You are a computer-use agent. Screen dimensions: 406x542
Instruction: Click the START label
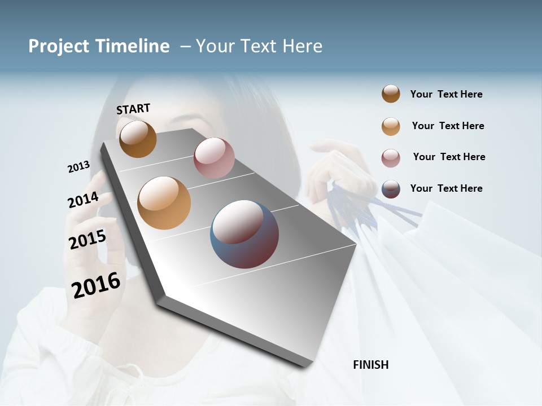pos(133,109)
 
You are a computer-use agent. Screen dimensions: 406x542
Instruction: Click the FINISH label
pos(370,365)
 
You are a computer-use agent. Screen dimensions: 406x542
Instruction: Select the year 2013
pos(78,167)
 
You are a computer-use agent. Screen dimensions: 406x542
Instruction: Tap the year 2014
pos(83,200)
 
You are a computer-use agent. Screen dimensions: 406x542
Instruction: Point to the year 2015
pos(88,240)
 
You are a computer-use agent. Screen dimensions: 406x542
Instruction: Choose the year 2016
pos(96,285)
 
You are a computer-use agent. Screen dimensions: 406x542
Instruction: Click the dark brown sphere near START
pos(138,139)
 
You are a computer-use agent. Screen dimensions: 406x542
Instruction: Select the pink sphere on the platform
pos(214,158)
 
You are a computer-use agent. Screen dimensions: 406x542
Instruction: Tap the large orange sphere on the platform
pos(164,203)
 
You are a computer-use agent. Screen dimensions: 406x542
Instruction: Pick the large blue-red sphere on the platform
pos(244,234)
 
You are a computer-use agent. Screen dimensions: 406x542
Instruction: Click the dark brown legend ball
pos(391,94)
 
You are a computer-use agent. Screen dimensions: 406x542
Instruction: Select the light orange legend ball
pos(391,126)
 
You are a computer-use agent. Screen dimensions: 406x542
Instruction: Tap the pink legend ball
pos(391,158)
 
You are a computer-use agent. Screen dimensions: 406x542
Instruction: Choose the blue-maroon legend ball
pos(391,189)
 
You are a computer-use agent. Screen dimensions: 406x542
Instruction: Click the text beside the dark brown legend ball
pos(446,94)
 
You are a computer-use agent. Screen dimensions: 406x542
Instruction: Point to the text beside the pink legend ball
pos(449,157)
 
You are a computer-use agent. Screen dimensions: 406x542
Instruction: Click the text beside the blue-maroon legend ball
pos(446,188)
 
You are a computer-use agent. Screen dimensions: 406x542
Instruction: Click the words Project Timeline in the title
pos(99,46)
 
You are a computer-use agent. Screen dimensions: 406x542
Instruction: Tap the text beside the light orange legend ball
pos(448,126)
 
